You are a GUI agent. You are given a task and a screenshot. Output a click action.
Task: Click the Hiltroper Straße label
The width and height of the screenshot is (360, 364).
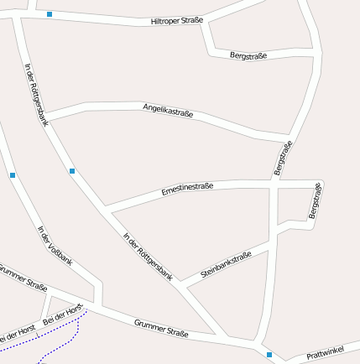pyautogui.click(x=176, y=20)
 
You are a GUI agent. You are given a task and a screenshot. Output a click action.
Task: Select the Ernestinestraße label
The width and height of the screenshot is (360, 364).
pyautogui.click(x=187, y=189)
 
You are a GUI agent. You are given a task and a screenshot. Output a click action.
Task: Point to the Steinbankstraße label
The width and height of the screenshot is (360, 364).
pyautogui.click(x=226, y=265)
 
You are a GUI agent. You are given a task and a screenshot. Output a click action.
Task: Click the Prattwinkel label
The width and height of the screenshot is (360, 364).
pyautogui.click(x=325, y=356)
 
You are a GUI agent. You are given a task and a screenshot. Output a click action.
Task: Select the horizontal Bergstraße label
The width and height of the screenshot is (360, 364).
pyautogui.click(x=248, y=55)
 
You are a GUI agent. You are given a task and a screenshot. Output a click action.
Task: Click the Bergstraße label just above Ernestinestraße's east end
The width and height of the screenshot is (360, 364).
pyautogui.click(x=283, y=159)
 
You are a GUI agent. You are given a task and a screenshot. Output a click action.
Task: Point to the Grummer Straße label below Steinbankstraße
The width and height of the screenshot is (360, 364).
pyautogui.click(x=161, y=328)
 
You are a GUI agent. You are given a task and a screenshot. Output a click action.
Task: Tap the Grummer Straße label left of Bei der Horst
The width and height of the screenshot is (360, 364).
pyautogui.click(x=23, y=278)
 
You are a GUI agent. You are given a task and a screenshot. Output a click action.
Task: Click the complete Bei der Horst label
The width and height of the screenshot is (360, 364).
pyautogui.click(x=65, y=312)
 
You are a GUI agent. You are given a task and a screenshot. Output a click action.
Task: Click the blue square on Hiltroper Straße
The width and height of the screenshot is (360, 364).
pyautogui.click(x=50, y=14)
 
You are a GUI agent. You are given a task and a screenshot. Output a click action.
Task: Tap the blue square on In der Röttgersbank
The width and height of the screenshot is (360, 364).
pyautogui.click(x=72, y=171)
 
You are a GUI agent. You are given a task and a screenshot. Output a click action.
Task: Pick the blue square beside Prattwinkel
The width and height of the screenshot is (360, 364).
pyautogui.click(x=269, y=354)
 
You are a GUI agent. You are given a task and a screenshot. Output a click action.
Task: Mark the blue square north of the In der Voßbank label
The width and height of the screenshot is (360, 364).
pyautogui.click(x=13, y=174)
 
